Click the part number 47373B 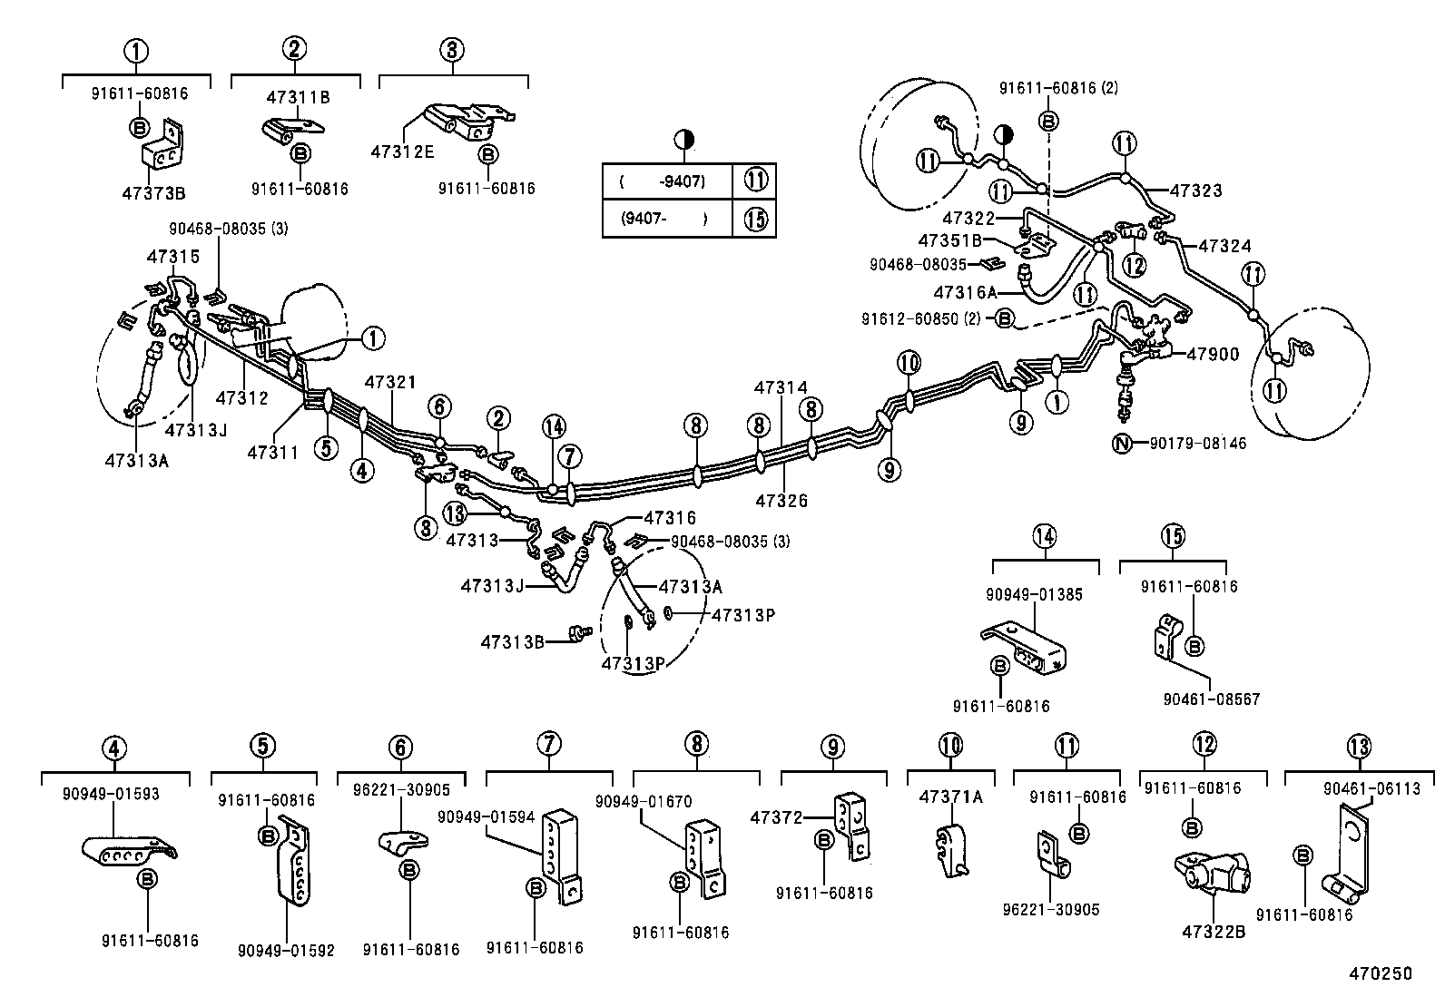[153, 193]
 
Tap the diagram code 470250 [1379, 973]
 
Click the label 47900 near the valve [1212, 354]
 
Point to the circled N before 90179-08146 [1124, 444]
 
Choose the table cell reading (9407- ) [665, 219]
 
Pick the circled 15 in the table [755, 219]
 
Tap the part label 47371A [950, 797]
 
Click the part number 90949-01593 [112, 794]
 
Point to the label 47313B [512, 642]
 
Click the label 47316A [965, 292]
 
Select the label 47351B [949, 240]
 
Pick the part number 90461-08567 [1211, 699]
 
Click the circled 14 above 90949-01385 [1044, 536]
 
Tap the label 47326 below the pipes [781, 500]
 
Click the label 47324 [1224, 246]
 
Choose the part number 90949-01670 [644, 801]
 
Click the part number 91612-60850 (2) [926, 318]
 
